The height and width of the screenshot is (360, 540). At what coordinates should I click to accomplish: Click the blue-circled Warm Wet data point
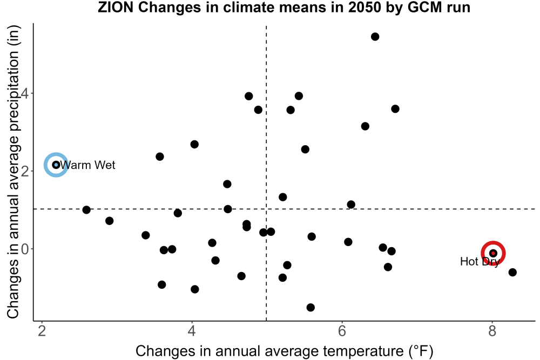pyautogui.click(x=56, y=165)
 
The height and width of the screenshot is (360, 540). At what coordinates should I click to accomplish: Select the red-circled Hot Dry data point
pyautogui.click(x=493, y=253)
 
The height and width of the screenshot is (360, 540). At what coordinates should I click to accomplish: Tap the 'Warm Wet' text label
pyautogui.click(x=87, y=165)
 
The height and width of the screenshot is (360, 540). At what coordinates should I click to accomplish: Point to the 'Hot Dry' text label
pyautogui.click(x=480, y=262)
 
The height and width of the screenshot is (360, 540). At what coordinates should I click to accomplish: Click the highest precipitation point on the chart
pyautogui.click(x=375, y=37)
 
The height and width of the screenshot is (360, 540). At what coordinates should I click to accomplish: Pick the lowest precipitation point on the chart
pyautogui.click(x=310, y=307)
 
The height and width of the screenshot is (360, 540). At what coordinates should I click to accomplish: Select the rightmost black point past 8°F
pyautogui.click(x=512, y=272)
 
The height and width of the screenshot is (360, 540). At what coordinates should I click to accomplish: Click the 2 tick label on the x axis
pyautogui.click(x=42, y=331)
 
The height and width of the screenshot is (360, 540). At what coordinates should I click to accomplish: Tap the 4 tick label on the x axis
pyautogui.click(x=192, y=331)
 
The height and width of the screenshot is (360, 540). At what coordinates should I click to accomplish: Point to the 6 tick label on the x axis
pyautogui.click(x=342, y=331)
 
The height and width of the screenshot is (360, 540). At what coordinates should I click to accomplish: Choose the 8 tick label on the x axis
pyautogui.click(x=492, y=331)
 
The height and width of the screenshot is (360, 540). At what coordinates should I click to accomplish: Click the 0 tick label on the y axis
pyautogui.click(x=25, y=249)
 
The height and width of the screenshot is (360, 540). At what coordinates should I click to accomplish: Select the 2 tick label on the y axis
pyautogui.click(x=25, y=171)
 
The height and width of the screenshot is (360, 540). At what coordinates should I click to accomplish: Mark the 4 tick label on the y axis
pyautogui.click(x=25, y=93)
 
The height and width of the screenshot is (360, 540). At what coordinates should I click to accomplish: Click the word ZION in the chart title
pyautogui.click(x=116, y=8)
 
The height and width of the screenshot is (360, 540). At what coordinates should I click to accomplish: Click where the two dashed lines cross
pyautogui.click(x=266, y=209)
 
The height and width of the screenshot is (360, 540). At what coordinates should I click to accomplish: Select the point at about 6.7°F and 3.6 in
pyautogui.click(x=395, y=109)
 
